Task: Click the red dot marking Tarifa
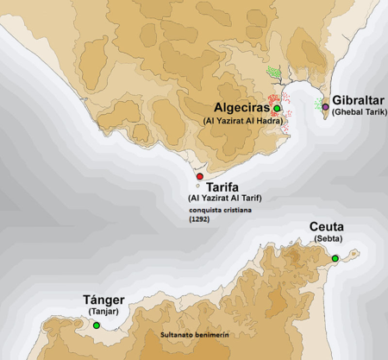tap(200, 176)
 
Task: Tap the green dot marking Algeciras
tap(278, 108)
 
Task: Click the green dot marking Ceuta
tap(335, 258)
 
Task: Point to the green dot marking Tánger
tap(97, 325)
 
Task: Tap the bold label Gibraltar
tap(356, 100)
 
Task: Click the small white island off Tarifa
tap(197, 186)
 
